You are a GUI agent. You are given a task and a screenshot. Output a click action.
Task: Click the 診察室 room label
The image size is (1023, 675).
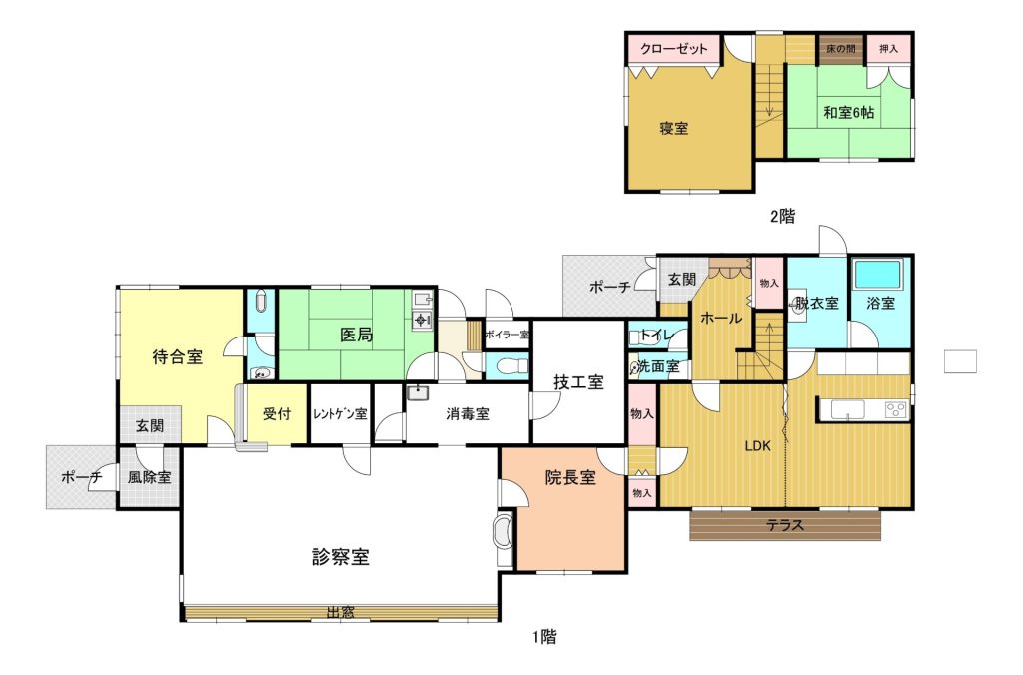pos(340,557)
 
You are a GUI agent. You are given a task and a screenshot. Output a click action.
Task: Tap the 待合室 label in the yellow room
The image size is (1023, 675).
pos(178,356)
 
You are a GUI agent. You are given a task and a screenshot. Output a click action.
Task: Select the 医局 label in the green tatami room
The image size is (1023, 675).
pos(357,335)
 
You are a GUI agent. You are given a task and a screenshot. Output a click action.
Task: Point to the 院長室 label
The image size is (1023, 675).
pos(570,478)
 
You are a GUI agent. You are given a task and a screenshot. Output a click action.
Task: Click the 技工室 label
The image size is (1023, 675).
pos(578,382)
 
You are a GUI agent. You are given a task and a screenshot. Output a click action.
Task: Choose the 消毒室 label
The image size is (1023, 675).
pos(468,414)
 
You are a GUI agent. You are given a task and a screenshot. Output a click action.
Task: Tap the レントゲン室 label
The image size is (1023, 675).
pos(340,414)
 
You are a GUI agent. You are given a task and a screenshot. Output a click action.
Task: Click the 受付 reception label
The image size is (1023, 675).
pos(277,414)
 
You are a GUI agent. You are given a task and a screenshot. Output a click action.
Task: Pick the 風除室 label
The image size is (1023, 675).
pos(150,477)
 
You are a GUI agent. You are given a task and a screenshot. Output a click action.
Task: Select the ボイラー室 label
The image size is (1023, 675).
pos(507,335)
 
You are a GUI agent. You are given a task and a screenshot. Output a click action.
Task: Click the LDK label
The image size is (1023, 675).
pos(758,446)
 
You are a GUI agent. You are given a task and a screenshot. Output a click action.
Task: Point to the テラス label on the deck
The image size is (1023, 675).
pos(785,525)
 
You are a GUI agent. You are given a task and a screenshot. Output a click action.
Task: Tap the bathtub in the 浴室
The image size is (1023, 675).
pos(877,275)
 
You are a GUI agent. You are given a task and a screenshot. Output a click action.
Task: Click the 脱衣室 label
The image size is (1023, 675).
pos(816,303)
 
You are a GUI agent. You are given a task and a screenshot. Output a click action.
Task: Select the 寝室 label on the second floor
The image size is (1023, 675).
pos(674,128)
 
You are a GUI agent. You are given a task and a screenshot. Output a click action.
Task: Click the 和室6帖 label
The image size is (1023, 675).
pos(848,112)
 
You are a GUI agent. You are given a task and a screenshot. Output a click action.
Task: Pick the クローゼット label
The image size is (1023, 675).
pos(674,49)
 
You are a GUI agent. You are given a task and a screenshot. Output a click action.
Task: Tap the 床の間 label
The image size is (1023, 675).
pos(841,48)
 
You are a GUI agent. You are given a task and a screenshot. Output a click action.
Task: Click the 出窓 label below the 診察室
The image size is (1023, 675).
pos(340,612)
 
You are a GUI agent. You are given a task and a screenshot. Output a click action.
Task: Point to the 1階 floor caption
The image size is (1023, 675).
pos(544,636)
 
